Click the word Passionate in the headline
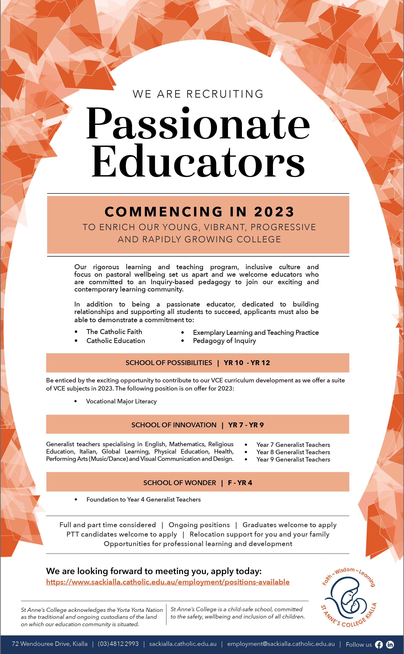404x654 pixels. [x=198, y=123]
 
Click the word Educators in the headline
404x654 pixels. [x=198, y=162]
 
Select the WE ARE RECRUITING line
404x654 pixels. [x=198, y=94]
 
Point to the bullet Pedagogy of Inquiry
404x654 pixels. [x=224, y=341]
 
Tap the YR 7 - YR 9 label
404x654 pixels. [x=246, y=425]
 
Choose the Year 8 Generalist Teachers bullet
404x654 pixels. [x=293, y=452]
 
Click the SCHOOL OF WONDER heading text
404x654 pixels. [x=180, y=483]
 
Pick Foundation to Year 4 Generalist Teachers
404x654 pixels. [x=144, y=500]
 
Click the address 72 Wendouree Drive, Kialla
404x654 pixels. [x=50, y=644]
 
